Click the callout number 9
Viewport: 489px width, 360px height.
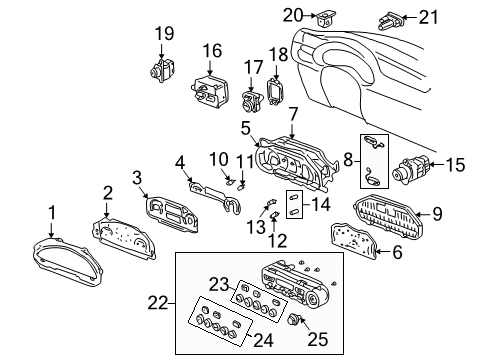coord(435,212)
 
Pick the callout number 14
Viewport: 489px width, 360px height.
coord(321,205)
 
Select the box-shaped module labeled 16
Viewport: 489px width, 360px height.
coord(212,93)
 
